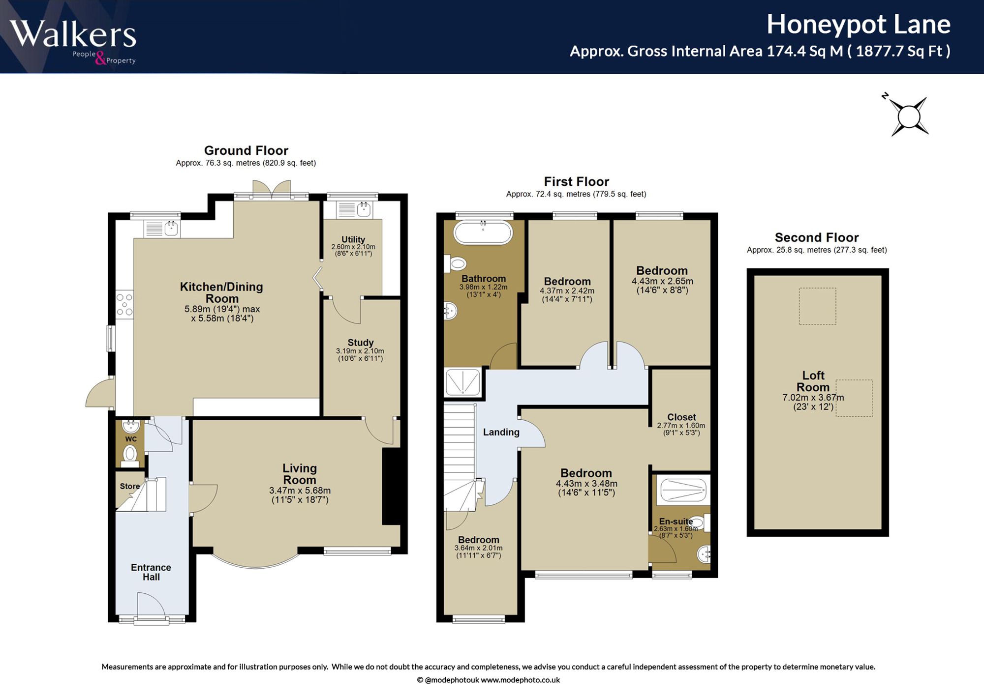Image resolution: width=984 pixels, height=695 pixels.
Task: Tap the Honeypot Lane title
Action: point(859,25)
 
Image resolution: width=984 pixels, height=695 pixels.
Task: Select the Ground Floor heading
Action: point(246,150)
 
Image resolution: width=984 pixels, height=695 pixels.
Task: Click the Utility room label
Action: point(353,239)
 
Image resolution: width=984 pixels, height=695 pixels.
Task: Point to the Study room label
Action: point(361,343)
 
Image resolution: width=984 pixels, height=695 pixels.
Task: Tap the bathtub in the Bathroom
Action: point(483,232)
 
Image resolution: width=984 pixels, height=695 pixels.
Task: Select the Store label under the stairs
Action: point(130,486)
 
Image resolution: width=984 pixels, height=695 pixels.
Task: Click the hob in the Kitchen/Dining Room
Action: point(124,305)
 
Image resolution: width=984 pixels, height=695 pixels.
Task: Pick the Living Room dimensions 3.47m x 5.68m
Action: point(300,491)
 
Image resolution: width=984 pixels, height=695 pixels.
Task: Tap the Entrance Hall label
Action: point(151,572)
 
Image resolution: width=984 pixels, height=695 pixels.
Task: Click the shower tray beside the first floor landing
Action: point(462,382)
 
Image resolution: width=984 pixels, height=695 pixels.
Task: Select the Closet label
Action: point(681,417)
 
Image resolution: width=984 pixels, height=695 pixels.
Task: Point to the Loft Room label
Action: point(813,381)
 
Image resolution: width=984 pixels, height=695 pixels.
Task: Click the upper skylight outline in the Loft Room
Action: point(817,306)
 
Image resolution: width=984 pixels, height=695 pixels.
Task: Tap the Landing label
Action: point(501,432)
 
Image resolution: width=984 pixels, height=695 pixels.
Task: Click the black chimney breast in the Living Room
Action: point(391,486)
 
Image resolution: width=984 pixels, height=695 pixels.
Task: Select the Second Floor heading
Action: point(817,237)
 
